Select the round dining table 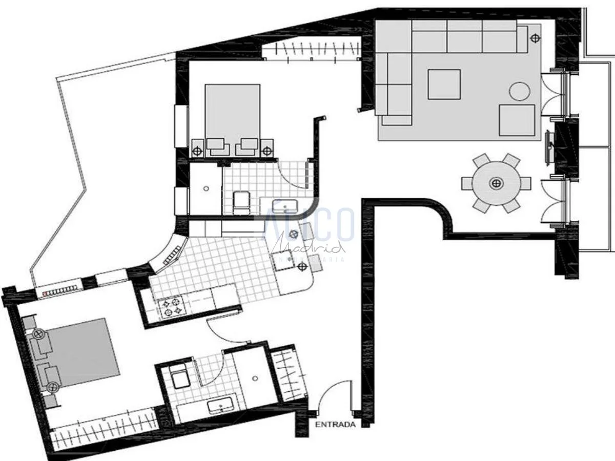click(496, 183)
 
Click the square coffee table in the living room click(444, 85)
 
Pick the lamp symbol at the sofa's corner click(535, 38)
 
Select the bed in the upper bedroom click(232, 115)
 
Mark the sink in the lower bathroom click(221, 407)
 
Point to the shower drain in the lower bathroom click(255, 379)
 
